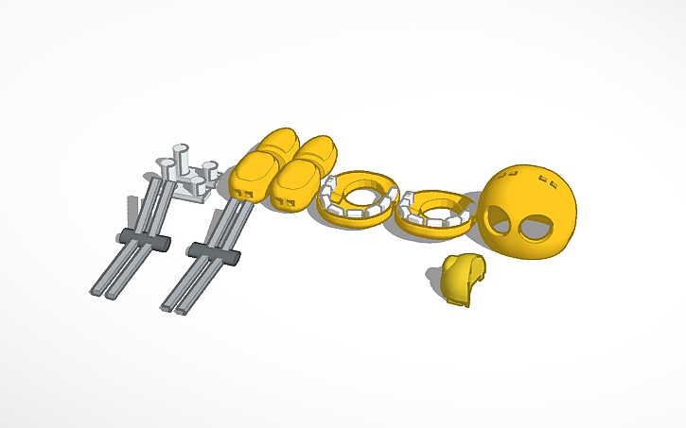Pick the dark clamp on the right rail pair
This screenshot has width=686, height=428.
211,252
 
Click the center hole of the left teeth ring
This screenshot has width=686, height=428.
360,196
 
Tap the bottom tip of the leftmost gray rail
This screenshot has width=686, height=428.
96,291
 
